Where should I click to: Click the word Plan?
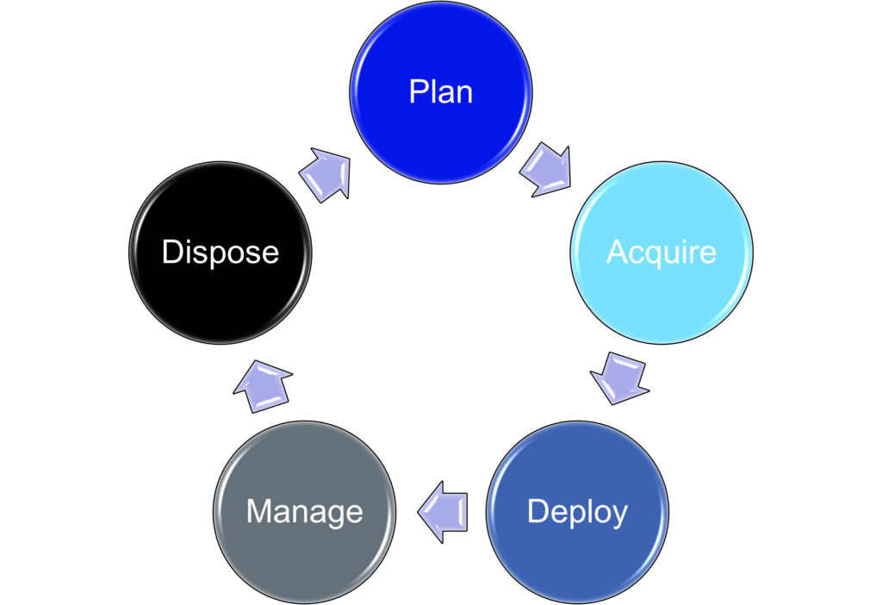(441, 91)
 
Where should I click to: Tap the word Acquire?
(661, 252)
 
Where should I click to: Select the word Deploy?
(577, 512)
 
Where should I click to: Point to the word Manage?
(304, 512)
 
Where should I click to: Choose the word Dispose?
(220, 252)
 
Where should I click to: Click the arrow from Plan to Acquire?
(545, 169)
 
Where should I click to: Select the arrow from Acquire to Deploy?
(619, 377)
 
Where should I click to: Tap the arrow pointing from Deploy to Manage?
(443, 512)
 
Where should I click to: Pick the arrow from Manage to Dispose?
(263, 385)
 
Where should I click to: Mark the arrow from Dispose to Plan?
(326, 175)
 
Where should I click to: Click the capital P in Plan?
(418, 91)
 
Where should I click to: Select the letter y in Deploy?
(618, 515)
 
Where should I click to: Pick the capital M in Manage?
(259, 512)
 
